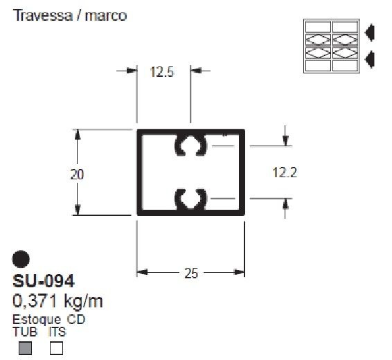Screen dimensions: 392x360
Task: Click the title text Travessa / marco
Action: pyautogui.click(x=70, y=15)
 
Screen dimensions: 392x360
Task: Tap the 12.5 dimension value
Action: pyautogui.click(x=162, y=72)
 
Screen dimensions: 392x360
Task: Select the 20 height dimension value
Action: pyautogui.click(x=77, y=174)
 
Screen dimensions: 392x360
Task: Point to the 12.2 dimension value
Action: pyautogui.click(x=285, y=172)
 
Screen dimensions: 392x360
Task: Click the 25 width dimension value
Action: pyautogui.click(x=191, y=273)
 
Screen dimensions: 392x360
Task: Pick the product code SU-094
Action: pyautogui.click(x=44, y=281)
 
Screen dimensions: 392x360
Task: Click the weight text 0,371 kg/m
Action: pyautogui.click(x=57, y=300)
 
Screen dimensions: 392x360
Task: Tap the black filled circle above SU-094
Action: pyautogui.click(x=21, y=259)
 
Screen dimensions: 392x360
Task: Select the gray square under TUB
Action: pyautogui.click(x=25, y=348)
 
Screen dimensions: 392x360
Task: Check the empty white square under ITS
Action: pyautogui.click(x=56, y=348)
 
